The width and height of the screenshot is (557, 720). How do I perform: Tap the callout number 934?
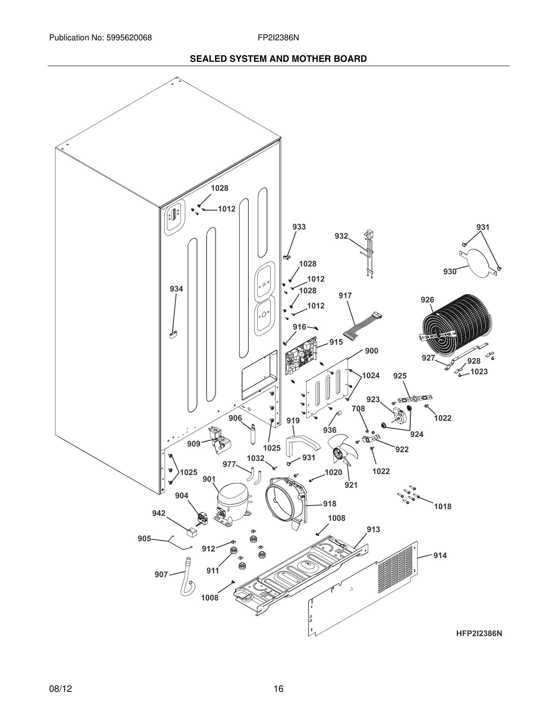coord(176,289)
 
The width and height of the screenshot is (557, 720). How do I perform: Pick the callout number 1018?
coord(443,506)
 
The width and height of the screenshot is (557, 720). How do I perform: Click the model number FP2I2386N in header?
coord(278,38)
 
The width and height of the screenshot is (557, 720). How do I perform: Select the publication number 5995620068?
coord(129,38)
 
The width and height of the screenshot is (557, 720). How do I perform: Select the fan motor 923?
coord(400,415)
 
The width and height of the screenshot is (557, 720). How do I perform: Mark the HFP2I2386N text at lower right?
coord(479,634)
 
